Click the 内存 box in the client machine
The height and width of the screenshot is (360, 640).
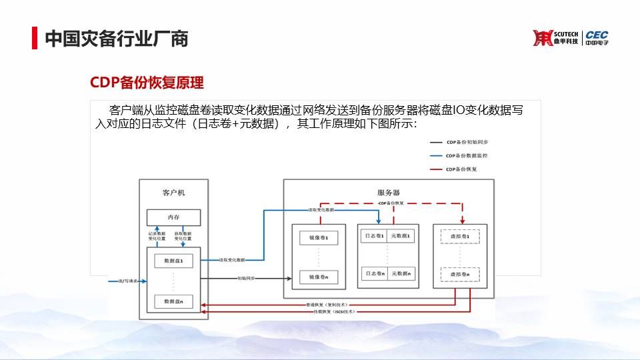[173, 217]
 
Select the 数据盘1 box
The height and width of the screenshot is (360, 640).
[173, 260]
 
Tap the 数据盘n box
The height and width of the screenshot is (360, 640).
[173, 301]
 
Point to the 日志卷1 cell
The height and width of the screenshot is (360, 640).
[373, 236]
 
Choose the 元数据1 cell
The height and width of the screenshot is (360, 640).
[402, 236]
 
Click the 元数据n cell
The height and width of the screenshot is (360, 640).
[402, 273]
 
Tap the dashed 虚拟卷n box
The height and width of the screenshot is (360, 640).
[460, 274]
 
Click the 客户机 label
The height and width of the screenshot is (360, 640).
[173, 193]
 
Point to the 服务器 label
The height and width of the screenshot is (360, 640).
[388, 193]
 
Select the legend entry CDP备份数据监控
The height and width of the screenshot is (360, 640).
[467, 155]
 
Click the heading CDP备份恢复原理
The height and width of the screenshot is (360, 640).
[147, 83]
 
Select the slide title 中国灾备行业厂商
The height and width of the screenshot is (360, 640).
[116, 39]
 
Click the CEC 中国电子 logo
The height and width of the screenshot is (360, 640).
[597, 38]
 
